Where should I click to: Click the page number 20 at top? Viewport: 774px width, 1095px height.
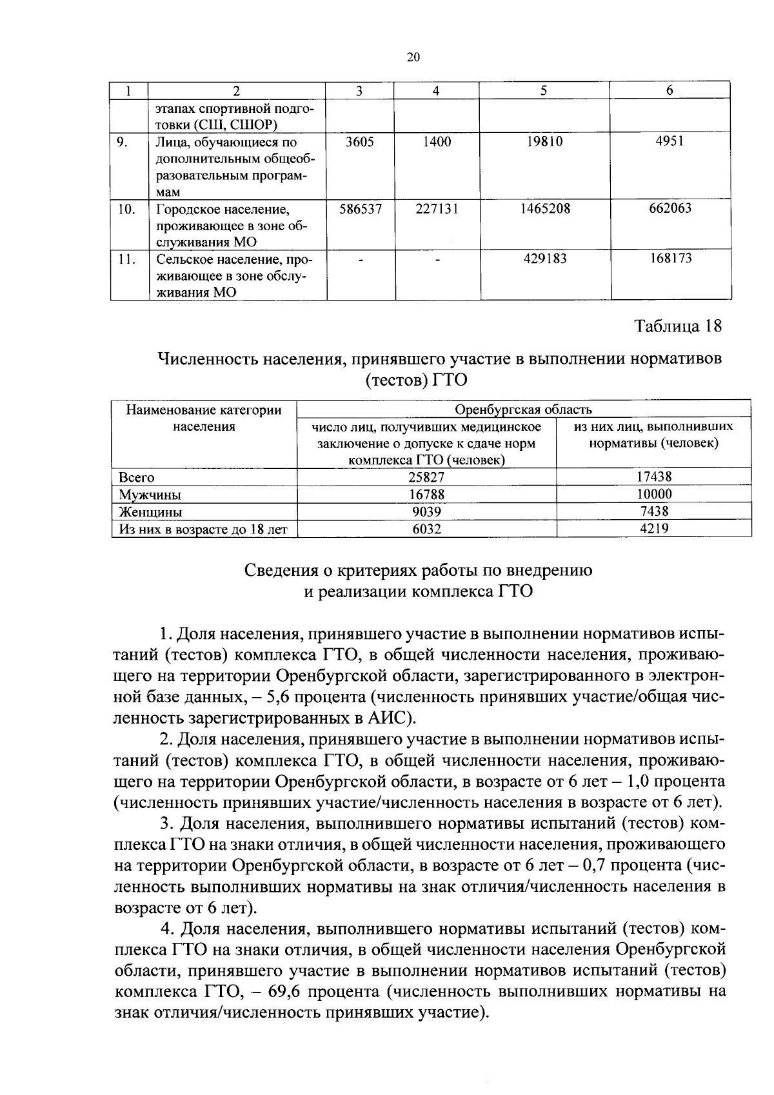[x=413, y=57]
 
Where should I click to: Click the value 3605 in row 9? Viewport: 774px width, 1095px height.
[x=359, y=142]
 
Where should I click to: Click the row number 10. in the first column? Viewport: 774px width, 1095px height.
[x=127, y=209]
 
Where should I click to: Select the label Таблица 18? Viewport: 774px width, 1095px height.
[x=678, y=326]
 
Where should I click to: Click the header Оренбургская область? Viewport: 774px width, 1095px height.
[x=523, y=409]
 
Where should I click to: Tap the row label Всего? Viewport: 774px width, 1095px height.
[x=137, y=477]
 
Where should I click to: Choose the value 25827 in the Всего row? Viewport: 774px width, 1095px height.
[x=426, y=477]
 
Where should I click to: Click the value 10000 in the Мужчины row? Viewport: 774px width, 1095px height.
[x=653, y=494]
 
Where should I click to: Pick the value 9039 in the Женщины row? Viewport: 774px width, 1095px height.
[x=426, y=511]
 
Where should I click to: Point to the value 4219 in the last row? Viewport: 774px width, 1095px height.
[x=653, y=528]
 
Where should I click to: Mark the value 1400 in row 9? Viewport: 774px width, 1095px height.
[x=437, y=142]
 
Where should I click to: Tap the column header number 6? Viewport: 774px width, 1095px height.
[x=670, y=91]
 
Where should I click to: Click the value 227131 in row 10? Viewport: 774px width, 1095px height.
[x=437, y=209]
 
